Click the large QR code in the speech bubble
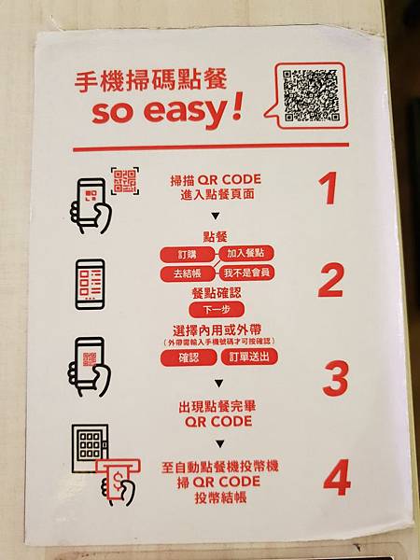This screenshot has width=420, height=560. [311, 96]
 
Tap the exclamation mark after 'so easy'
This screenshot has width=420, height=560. [235, 105]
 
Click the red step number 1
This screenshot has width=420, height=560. [329, 189]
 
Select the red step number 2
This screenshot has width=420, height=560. [330, 280]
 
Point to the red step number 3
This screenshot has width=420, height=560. [335, 378]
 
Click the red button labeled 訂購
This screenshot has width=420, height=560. [188, 255]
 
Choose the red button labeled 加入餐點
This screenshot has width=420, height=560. [246, 253]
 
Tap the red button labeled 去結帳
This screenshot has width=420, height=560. [188, 273]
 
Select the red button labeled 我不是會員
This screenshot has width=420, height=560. [246, 273]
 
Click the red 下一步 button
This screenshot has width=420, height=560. [217, 310]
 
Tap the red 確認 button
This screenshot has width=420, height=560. [189, 357]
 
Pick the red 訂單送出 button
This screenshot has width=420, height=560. [249, 357]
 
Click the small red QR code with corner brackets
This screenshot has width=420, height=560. [125, 181]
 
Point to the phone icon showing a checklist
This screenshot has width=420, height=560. [91, 285]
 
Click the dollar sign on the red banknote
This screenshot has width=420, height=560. [118, 480]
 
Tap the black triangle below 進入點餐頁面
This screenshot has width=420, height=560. [216, 217]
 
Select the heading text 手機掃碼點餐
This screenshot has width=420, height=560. [150, 81]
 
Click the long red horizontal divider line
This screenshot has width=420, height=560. [211, 147]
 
